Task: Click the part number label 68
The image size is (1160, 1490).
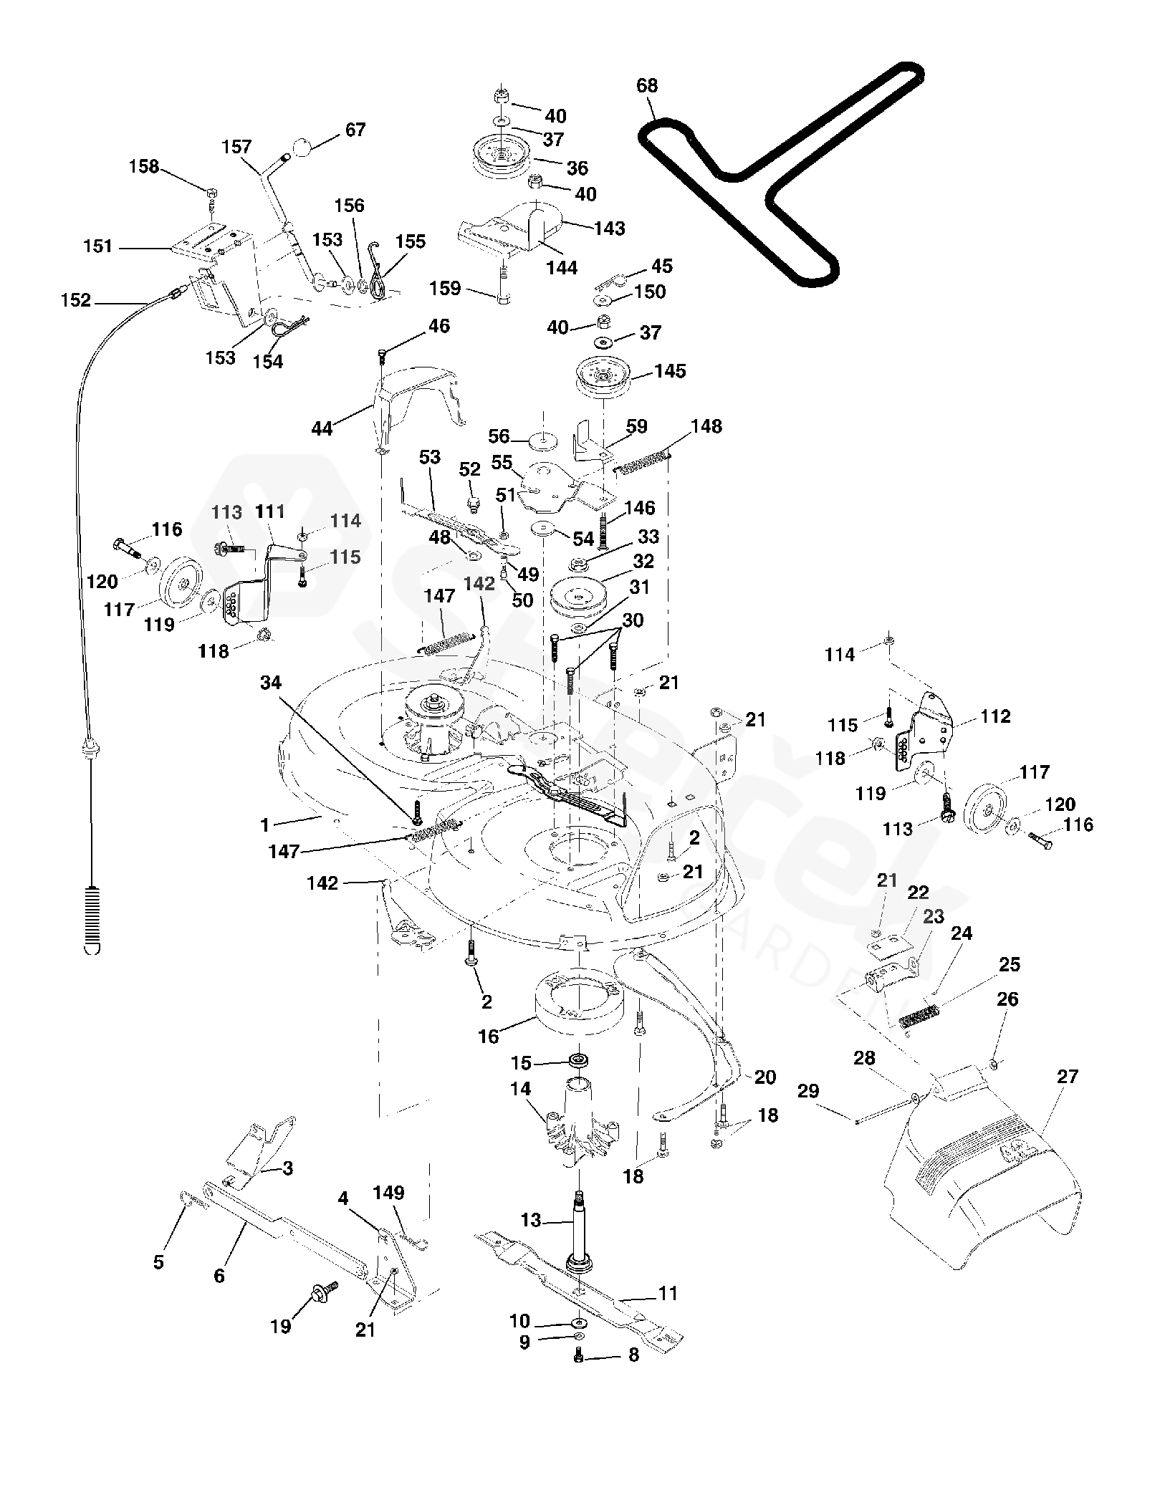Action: click(646, 86)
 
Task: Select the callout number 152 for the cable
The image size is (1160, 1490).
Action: click(76, 300)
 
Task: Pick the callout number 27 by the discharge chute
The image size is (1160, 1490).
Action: click(1067, 1097)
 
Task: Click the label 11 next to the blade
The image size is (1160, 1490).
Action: click(668, 1294)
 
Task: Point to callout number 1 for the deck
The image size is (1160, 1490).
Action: click(265, 826)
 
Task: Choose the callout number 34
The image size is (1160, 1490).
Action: click(271, 683)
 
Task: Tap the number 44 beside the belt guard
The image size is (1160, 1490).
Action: click(322, 428)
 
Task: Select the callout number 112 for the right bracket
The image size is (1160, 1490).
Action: click(994, 716)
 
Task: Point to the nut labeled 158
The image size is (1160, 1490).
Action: click(211, 192)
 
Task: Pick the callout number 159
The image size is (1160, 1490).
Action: click(444, 289)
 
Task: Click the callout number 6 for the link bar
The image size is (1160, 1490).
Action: click(219, 1275)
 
